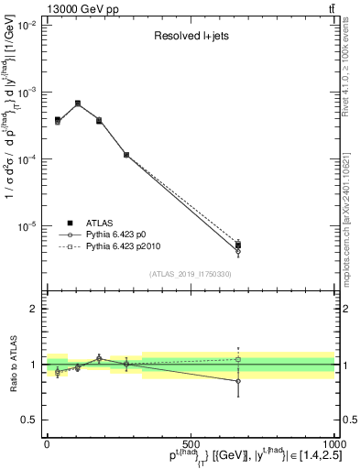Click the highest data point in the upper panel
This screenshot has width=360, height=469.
[78, 104]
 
